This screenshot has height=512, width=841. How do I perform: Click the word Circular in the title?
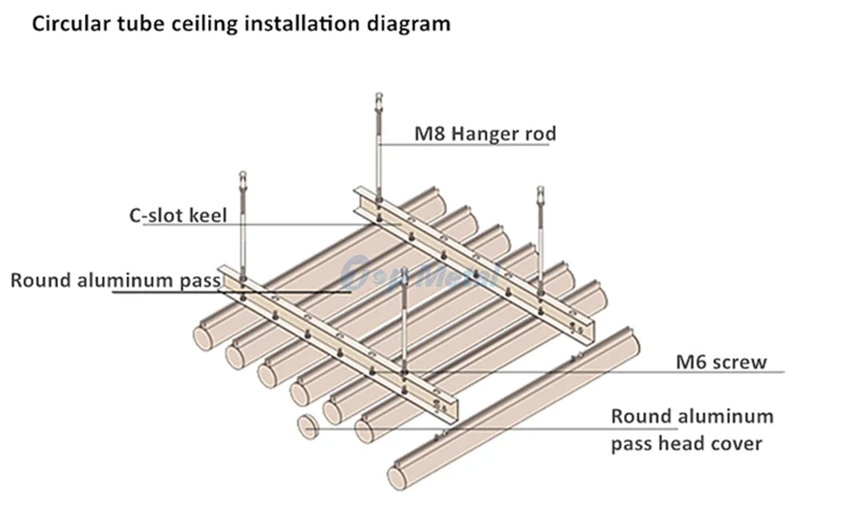(70, 23)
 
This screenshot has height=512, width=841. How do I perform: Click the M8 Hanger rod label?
(485, 134)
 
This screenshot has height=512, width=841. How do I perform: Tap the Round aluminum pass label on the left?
(114, 279)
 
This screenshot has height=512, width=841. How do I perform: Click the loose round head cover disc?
(308, 426)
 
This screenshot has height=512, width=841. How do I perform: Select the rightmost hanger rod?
(539, 234)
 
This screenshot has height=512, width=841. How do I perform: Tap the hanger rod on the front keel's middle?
(404, 327)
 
